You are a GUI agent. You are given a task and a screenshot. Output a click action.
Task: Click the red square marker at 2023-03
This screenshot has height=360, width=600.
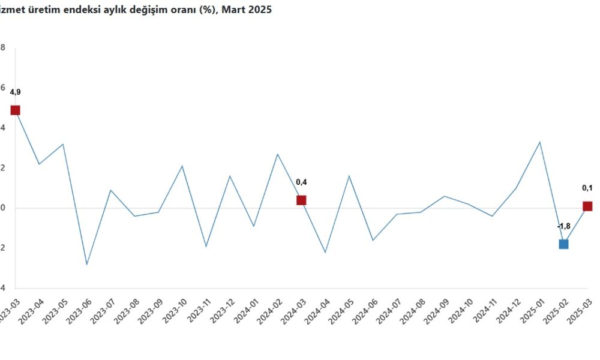(15, 110)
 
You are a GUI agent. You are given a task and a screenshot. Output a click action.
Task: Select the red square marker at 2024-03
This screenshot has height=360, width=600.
(301, 200)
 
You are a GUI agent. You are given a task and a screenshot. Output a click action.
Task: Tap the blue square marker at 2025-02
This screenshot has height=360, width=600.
(563, 244)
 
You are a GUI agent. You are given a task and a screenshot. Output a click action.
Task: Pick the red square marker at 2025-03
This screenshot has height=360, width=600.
(587, 206)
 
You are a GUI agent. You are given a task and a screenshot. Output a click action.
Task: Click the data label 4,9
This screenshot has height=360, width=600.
(15, 92)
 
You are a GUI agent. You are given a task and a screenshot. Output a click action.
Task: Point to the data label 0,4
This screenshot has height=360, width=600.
(301, 182)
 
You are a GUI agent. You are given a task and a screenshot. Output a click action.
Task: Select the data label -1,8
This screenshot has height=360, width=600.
(563, 226)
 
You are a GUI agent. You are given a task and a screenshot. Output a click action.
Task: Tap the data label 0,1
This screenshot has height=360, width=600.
(587, 188)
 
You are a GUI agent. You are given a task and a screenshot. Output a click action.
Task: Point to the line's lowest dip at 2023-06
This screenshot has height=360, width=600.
(86, 264)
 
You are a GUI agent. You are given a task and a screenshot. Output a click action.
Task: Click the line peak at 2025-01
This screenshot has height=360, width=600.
(540, 142)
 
